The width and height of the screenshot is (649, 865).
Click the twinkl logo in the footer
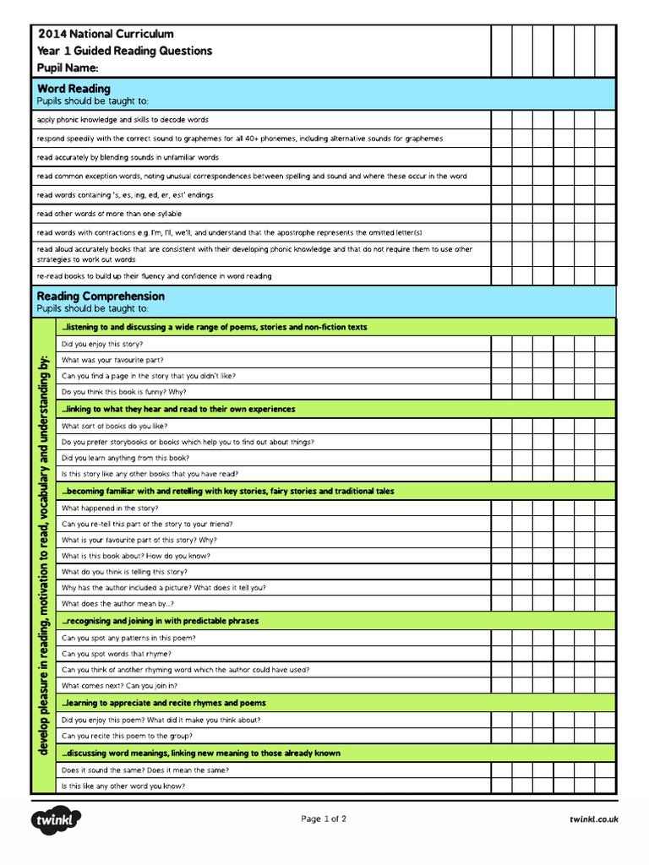point(57,820)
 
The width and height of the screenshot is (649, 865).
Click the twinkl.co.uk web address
point(594,819)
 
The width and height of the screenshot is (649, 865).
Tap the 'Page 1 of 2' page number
point(324,819)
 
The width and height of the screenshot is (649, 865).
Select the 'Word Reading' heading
point(74,88)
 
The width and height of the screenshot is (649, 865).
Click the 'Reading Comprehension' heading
point(101,296)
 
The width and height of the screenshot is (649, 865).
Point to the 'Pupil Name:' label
point(68,67)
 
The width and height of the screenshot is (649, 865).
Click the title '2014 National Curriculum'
point(106,34)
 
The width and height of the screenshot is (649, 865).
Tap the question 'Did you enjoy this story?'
point(102,344)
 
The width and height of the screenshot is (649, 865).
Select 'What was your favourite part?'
point(107,360)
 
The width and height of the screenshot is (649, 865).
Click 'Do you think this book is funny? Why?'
point(123,392)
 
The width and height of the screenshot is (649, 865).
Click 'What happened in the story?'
point(109,509)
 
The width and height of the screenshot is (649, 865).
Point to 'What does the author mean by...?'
point(117,604)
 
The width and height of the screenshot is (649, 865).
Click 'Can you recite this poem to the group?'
point(134,736)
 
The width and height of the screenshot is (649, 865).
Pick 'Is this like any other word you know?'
point(123,786)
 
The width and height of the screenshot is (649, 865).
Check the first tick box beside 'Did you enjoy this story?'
point(502,344)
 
